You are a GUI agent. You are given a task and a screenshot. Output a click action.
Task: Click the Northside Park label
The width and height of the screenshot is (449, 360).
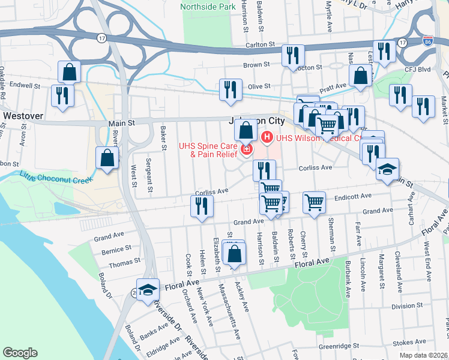208,7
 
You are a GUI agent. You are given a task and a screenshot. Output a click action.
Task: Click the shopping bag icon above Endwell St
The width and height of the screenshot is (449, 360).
70,72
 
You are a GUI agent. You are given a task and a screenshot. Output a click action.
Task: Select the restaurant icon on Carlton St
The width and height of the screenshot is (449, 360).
293,56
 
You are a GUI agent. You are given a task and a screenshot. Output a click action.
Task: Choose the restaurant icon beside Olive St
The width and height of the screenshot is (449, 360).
231,89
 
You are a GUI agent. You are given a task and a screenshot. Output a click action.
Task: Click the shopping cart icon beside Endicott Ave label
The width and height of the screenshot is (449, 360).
314,202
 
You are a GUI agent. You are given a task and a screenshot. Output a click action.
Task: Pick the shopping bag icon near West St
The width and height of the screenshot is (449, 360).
107,159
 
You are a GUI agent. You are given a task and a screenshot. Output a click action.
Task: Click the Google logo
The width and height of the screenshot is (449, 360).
20,353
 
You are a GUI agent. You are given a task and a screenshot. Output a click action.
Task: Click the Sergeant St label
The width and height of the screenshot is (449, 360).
149,178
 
